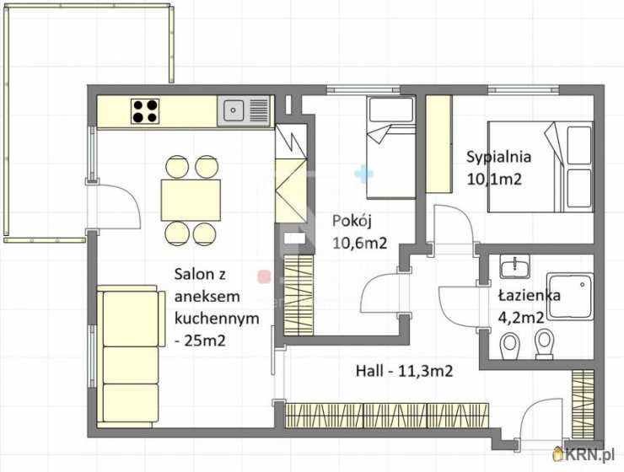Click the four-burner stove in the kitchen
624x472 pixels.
(145, 111)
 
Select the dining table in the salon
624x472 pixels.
(191, 200)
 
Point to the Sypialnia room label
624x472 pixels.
(498, 157)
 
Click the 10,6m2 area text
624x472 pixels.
(359, 243)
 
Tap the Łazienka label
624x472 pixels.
(530, 296)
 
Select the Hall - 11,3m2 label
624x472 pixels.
(404, 372)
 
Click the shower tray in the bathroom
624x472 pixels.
(570, 296)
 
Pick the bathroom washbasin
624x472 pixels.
(515, 266)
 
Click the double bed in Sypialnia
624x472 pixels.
(541, 167)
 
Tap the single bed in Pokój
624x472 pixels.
(391, 147)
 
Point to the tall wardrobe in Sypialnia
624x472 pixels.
(439, 144)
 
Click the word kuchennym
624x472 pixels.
(217, 319)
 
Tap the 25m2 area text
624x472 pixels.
(205, 341)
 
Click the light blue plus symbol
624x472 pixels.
(363, 174)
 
